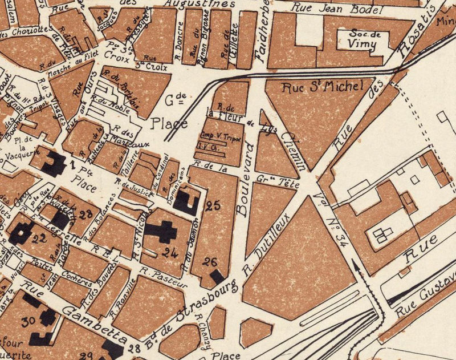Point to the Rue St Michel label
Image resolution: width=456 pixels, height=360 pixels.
click(x=323, y=87)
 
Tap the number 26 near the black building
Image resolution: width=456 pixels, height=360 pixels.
click(x=210, y=262)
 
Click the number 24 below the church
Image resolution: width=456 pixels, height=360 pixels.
click(x=170, y=251)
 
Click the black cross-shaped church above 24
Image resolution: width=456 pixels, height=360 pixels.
click(x=162, y=232)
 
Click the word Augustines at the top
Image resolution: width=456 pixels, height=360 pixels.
click(x=192, y=4)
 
